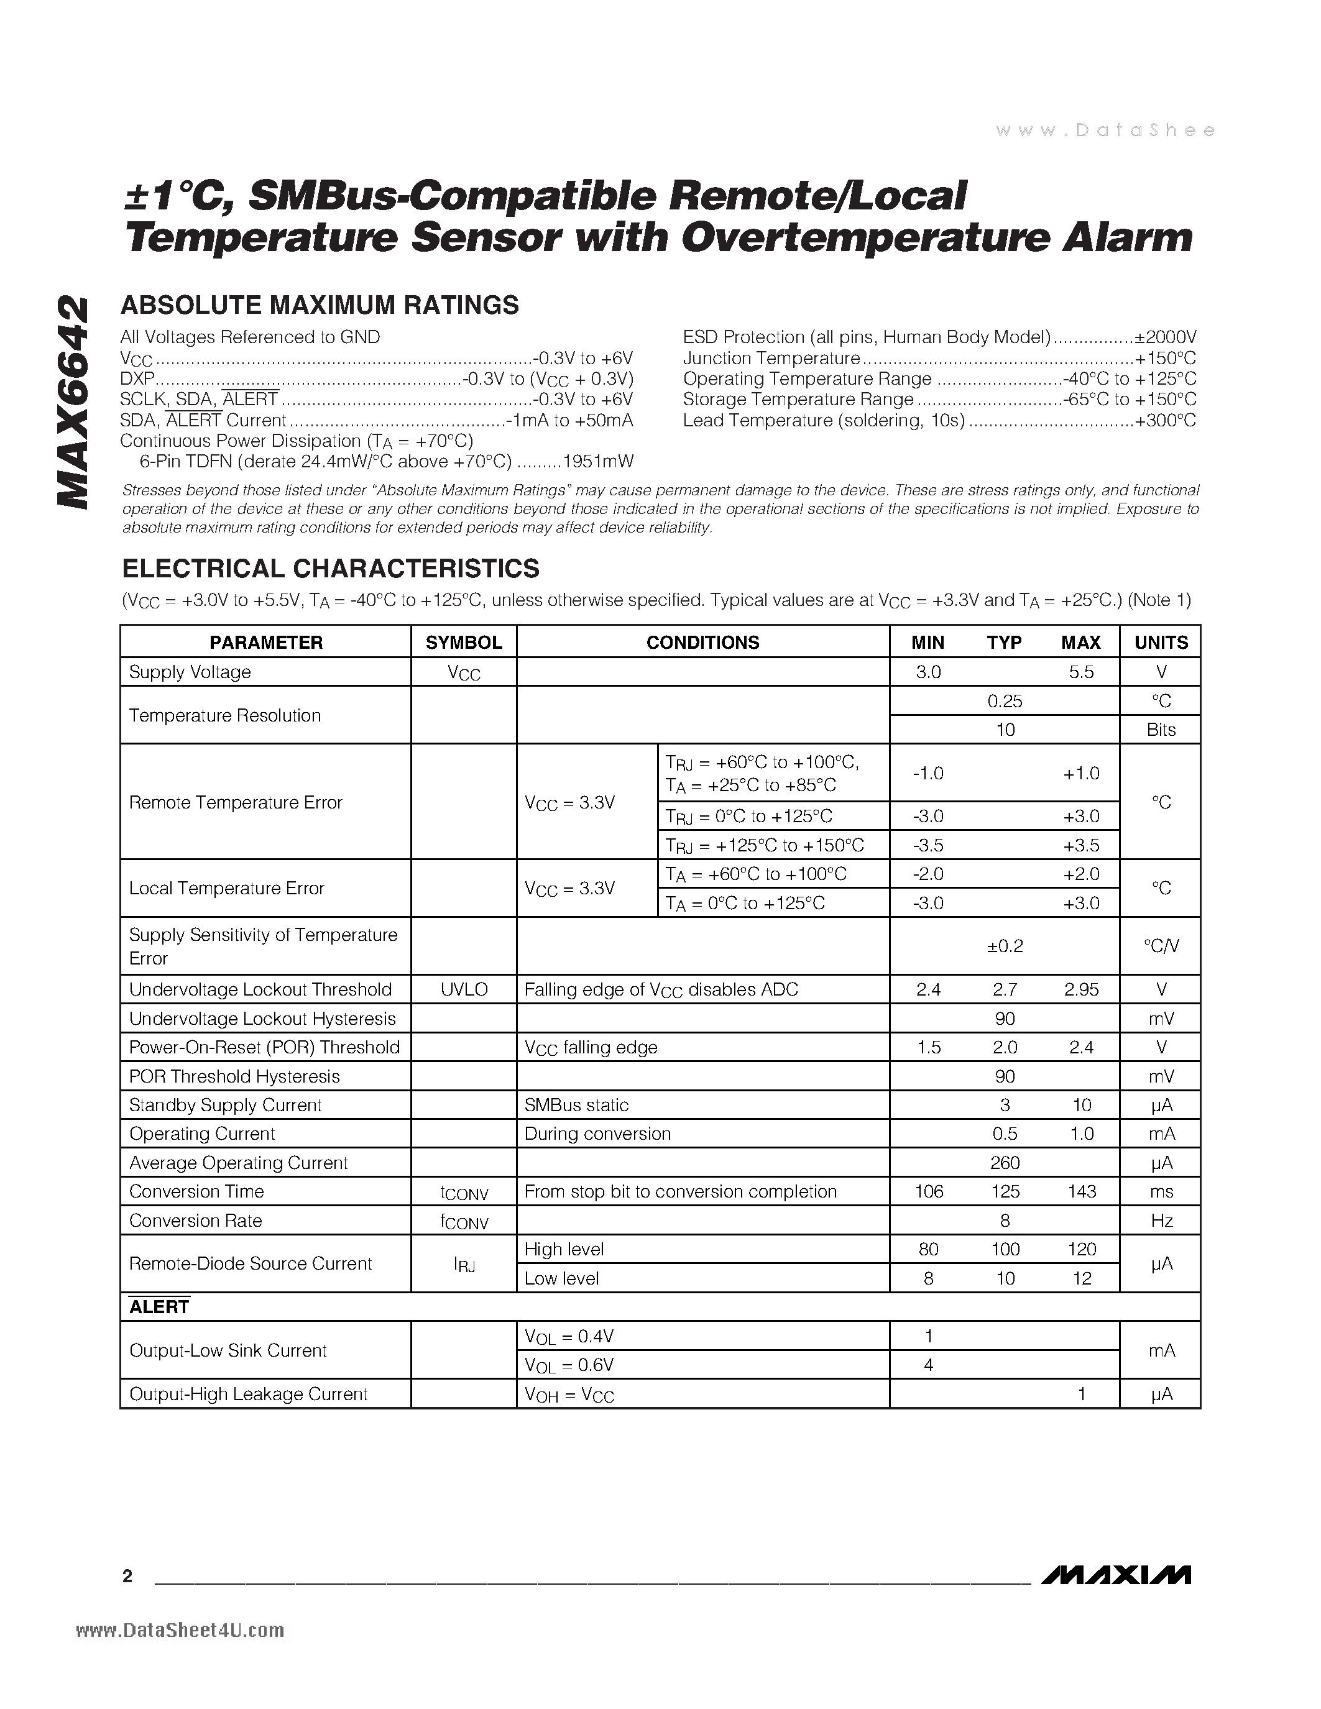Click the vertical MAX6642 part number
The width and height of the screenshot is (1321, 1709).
click(72, 402)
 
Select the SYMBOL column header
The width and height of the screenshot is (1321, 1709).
click(463, 643)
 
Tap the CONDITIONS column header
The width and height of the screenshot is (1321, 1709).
click(702, 643)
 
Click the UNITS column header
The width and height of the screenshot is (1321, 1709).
click(1161, 643)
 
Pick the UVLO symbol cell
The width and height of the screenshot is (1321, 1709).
click(463, 989)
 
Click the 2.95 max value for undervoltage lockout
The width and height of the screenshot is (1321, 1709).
click(1081, 989)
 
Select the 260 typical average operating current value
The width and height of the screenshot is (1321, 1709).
click(1004, 1163)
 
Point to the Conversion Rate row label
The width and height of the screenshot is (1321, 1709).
click(196, 1221)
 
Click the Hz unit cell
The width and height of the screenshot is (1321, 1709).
click(1161, 1221)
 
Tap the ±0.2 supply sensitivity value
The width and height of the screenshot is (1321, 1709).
click(1004, 946)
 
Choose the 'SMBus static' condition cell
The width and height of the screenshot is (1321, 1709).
click(577, 1105)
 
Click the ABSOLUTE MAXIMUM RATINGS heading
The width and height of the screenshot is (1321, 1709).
click(320, 305)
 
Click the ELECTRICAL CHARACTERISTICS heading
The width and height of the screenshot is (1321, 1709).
click(329, 568)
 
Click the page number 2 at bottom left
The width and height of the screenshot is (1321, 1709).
click(127, 1576)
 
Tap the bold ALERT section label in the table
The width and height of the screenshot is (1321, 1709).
click(160, 1307)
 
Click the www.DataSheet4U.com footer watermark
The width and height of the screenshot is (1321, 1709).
click(181, 1631)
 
